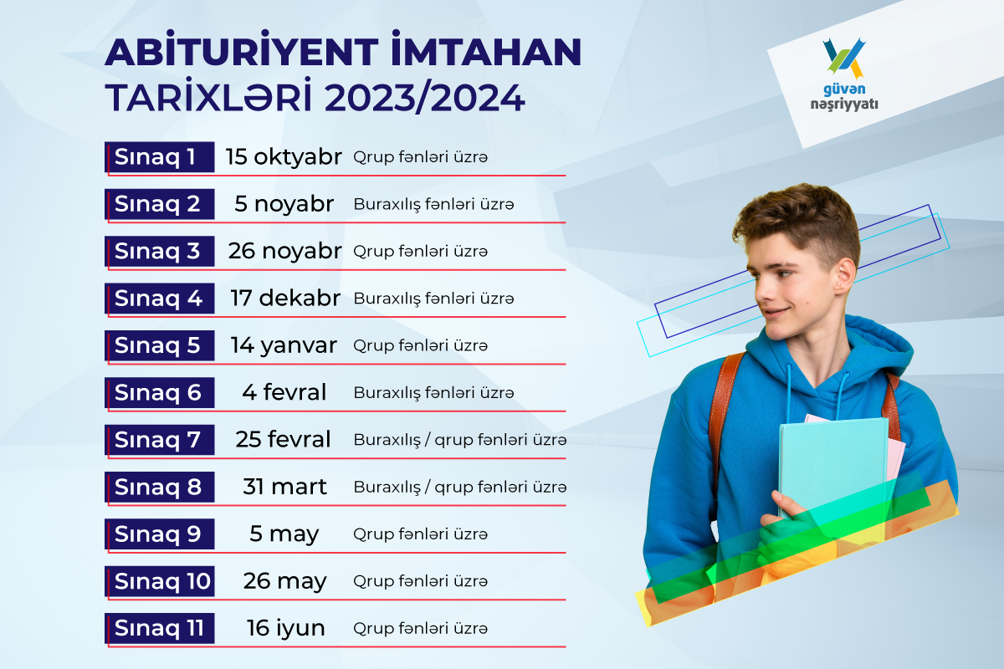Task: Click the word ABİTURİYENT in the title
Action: pyautogui.click(x=242, y=50)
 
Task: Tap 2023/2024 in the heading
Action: pyautogui.click(x=424, y=98)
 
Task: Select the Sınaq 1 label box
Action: pyautogui.click(x=160, y=157)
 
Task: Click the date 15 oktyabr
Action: pyautogui.click(x=284, y=157)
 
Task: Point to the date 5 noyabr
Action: pyautogui.click(x=284, y=204)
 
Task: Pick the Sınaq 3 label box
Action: pyautogui.click(x=160, y=251)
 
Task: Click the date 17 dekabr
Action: pyautogui.click(x=285, y=298)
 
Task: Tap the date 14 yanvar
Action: pyautogui.click(x=284, y=345)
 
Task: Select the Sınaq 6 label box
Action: pyautogui.click(x=160, y=392)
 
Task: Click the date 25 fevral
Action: pyautogui.click(x=284, y=439)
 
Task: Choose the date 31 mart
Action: pyautogui.click(x=284, y=487)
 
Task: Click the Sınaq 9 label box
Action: pyautogui.click(x=160, y=534)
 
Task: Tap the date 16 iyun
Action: pyautogui.click(x=285, y=628)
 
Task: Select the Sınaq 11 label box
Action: pyautogui.click(x=160, y=628)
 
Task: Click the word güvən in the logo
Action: pyautogui.click(x=844, y=89)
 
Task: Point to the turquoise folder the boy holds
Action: pyautogui.click(x=832, y=466)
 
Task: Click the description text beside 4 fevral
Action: pyautogui.click(x=433, y=393)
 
